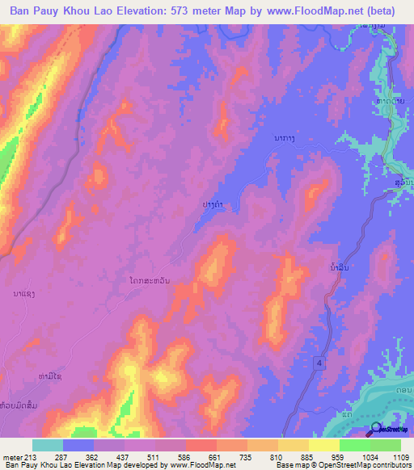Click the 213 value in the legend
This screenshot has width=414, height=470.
point(32,456)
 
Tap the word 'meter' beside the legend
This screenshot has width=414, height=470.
point(12,456)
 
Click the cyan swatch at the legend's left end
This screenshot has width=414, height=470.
point(47,445)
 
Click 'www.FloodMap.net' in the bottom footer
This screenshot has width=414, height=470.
point(197,466)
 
